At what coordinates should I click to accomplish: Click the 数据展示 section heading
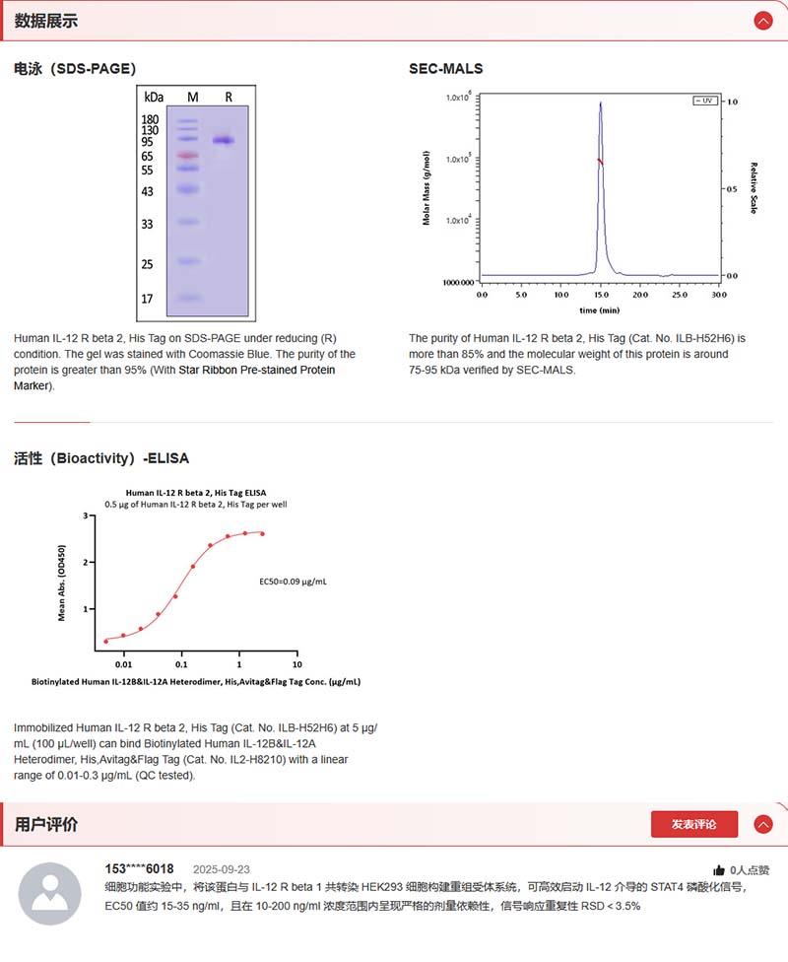(x=46, y=21)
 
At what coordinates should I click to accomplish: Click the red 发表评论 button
(x=693, y=824)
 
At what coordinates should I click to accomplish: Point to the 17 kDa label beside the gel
(x=148, y=299)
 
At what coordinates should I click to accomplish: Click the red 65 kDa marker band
(x=188, y=156)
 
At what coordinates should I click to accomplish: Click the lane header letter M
(x=193, y=97)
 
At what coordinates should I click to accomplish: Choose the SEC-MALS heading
(x=446, y=69)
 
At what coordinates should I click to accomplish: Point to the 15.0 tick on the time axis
(x=600, y=295)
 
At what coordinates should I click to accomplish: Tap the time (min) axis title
(x=599, y=309)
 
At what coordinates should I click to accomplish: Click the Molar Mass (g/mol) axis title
(x=427, y=188)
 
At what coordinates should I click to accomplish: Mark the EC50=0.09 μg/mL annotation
(x=293, y=582)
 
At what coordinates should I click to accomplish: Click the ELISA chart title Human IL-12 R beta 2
(x=195, y=492)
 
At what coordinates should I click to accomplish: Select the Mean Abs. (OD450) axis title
(x=62, y=583)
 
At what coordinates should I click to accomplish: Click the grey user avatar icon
(x=50, y=893)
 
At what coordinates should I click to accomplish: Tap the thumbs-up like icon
(x=719, y=870)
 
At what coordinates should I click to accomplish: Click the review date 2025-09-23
(x=222, y=869)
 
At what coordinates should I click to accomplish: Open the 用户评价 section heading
(x=46, y=824)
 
